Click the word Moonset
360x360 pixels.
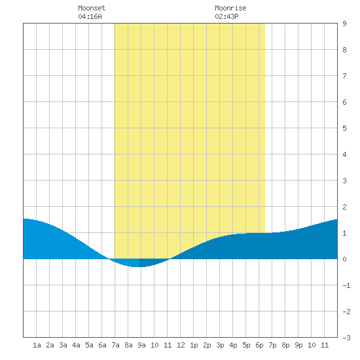(x=92, y=8)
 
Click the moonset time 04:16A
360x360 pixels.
(x=90, y=16)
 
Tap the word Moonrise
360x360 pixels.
(x=230, y=8)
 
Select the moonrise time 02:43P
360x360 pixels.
(x=226, y=16)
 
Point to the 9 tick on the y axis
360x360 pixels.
(x=344, y=24)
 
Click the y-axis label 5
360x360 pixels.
(x=344, y=128)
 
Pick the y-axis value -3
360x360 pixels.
(x=346, y=338)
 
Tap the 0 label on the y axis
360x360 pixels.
(x=344, y=259)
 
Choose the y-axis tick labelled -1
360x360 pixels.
(x=346, y=285)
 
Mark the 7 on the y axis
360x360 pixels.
(x=344, y=76)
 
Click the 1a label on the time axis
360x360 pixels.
(x=37, y=345)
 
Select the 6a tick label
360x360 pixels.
(x=102, y=345)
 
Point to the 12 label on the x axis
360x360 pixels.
(x=181, y=345)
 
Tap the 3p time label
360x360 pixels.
(x=220, y=345)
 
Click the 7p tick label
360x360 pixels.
(x=272, y=345)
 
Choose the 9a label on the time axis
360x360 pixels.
(x=141, y=345)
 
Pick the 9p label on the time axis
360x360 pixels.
(x=298, y=345)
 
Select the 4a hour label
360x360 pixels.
(x=76, y=345)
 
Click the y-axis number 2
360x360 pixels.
(x=344, y=207)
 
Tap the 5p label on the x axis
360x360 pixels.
(x=246, y=345)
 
